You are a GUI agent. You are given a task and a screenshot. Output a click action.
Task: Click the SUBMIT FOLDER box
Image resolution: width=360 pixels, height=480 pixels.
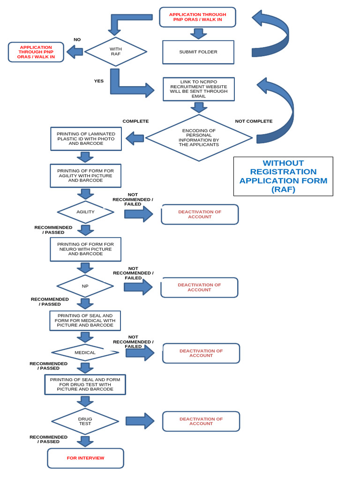pos(198,52)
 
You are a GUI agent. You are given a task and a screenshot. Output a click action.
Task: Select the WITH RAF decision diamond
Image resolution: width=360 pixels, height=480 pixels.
pos(115,52)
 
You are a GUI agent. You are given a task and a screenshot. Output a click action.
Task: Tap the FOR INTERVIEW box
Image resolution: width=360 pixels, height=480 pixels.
pos(85,458)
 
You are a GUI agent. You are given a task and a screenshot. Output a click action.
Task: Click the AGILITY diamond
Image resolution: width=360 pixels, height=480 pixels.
pos(85,212)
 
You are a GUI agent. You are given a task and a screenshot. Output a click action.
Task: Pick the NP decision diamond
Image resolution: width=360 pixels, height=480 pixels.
pos(85,286)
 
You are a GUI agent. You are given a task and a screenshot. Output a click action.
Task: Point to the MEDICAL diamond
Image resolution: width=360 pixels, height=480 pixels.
pos(85,352)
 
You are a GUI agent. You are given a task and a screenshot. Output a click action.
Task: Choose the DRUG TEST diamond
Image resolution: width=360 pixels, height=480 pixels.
pos(85,421)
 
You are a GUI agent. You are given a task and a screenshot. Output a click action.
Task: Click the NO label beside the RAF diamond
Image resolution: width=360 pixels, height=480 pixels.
pos(77,40)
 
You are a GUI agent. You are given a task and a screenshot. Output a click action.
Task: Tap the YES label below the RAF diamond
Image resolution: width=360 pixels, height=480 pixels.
pos(98,81)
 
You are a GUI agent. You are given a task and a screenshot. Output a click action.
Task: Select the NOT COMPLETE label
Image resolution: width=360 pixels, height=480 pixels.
pos(254,121)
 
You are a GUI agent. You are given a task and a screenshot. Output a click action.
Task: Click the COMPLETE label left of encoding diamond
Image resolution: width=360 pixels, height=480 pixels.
pos(135,121)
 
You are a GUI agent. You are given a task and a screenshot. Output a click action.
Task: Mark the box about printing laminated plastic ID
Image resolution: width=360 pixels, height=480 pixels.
pos(86,139)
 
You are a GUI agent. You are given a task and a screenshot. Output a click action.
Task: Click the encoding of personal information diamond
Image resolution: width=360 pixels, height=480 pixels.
pos(199,138)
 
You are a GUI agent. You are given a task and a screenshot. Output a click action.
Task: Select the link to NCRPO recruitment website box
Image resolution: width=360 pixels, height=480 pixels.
pos(199,89)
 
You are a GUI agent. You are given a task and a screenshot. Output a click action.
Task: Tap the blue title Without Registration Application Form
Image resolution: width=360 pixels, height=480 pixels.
pos(283,176)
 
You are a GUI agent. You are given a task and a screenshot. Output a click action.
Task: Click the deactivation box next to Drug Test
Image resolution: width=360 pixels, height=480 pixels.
pos(201,421)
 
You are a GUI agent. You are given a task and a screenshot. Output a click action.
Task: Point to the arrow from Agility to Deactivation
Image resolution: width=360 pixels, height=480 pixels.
pos(139,214)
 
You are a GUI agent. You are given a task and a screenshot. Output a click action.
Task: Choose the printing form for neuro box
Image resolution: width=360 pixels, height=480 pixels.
pos(85,249)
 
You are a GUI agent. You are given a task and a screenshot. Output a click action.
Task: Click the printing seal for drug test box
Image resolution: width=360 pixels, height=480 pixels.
pos(85,384)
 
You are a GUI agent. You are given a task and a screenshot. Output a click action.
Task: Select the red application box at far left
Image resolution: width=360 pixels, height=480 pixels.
pos(36,52)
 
